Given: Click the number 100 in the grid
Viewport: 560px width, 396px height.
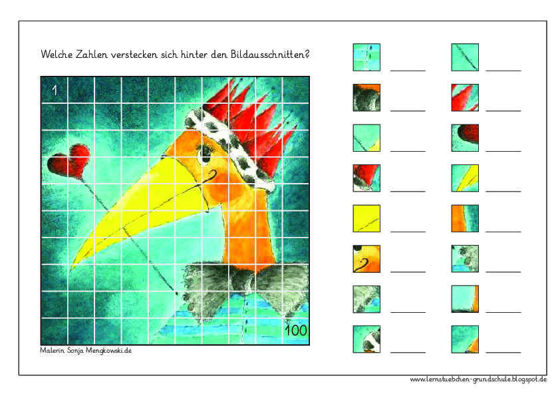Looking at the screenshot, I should (x=295, y=330).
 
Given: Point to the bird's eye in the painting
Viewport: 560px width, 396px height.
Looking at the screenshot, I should (x=204, y=155).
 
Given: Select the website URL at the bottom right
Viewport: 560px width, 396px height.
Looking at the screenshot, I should (x=478, y=379).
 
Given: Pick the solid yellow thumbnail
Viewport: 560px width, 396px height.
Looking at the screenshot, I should (x=366, y=218).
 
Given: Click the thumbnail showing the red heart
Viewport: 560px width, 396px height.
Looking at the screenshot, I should (x=465, y=138).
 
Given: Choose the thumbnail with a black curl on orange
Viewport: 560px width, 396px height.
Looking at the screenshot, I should (x=366, y=259).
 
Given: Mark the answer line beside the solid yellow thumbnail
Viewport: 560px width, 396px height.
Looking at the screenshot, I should (x=407, y=231).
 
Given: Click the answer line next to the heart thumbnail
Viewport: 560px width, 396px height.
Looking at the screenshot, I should (x=503, y=150).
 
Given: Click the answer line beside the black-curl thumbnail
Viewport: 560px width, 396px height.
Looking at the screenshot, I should (x=407, y=272).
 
